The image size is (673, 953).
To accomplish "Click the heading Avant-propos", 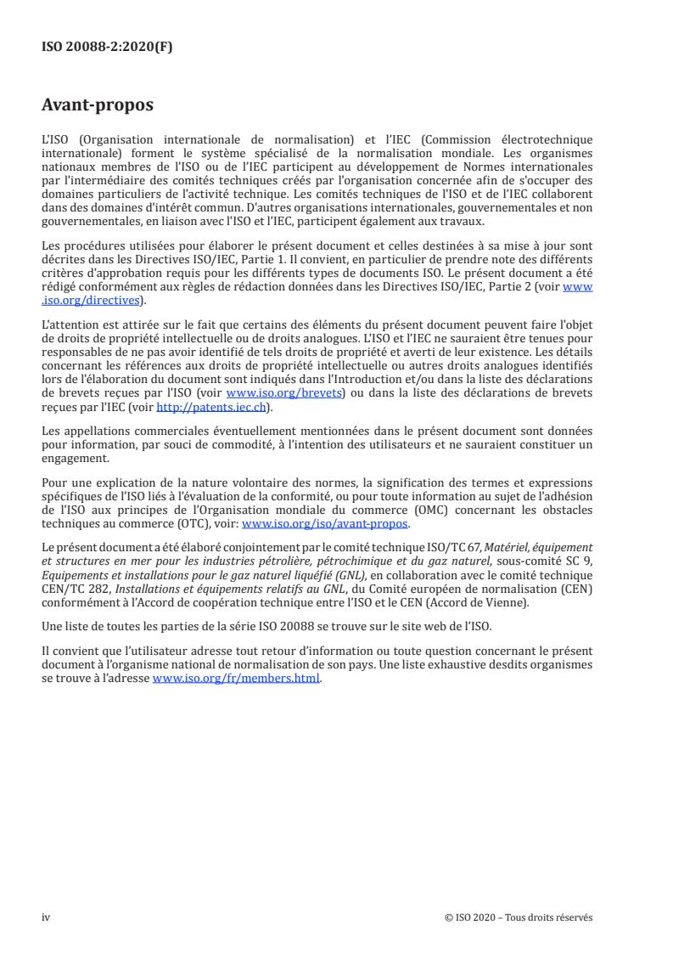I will pyautogui.click(x=98, y=106).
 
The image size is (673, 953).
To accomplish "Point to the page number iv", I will pyautogui.click(x=47, y=917).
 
